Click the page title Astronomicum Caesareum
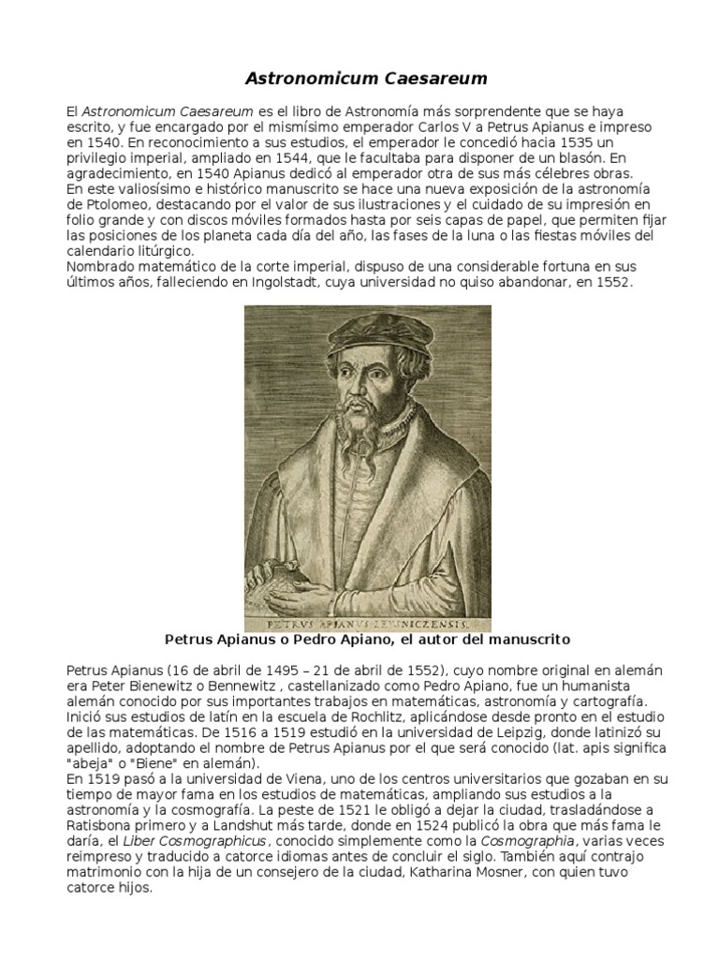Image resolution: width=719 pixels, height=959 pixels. tap(359, 78)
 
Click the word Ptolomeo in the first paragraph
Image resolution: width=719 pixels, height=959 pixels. tap(107, 205)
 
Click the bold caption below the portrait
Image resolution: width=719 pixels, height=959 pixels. tap(367, 640)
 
